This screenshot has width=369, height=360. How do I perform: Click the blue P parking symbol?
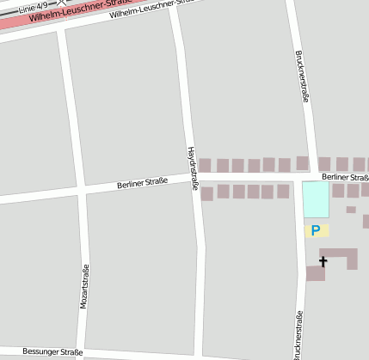tap(316, 230)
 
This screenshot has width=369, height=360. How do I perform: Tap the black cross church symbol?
tap(323, 260)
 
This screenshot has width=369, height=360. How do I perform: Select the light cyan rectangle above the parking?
tap(316, 199)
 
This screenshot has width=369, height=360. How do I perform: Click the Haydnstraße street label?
tap(193, 168)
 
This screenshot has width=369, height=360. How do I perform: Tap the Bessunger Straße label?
tap(52, 352)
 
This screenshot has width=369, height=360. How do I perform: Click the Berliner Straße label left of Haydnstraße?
tap(142, 182)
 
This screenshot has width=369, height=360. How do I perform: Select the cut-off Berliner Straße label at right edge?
tap(345, 177)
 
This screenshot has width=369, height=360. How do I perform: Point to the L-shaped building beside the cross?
tap(341, 255)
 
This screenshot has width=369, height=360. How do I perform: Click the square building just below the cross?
tap(316, 274)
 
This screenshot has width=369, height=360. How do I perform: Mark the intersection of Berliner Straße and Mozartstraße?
tap(81, 190)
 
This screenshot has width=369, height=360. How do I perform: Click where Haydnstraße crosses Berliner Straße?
tap(195, 178)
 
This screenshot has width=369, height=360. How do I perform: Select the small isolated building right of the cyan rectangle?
tap(351, 210)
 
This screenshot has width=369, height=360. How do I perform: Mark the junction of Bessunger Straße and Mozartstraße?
tap(86, 351)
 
